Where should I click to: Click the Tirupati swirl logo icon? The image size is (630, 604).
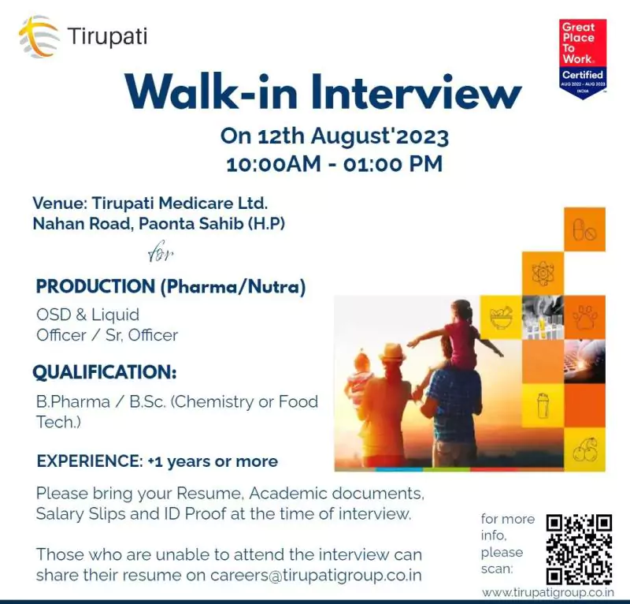tap(39, 36)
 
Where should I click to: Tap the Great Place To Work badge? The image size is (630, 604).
tap(583, 58)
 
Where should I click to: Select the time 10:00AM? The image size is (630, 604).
tap(273, 165)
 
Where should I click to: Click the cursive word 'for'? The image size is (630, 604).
tap(161, 251)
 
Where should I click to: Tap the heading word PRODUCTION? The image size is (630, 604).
tap(95, 287)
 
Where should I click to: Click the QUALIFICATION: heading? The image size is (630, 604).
tap(105, 372)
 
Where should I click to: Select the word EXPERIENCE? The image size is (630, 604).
tap(90, 461)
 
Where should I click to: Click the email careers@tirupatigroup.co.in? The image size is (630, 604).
tap(316, 576)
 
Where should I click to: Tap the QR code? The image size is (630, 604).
tap(579, 550)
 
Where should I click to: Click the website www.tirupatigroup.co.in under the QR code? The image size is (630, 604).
tap(548, 593)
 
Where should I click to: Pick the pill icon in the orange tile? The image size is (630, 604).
tap(584, 229)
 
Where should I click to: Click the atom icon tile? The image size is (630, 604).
tap(543, 274)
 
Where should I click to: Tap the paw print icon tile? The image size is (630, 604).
tap(584, 317)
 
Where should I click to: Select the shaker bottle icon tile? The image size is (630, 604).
tap(543, 405)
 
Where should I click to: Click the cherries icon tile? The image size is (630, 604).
tap(584, 449)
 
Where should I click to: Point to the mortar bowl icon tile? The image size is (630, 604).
tap(501, 317)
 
